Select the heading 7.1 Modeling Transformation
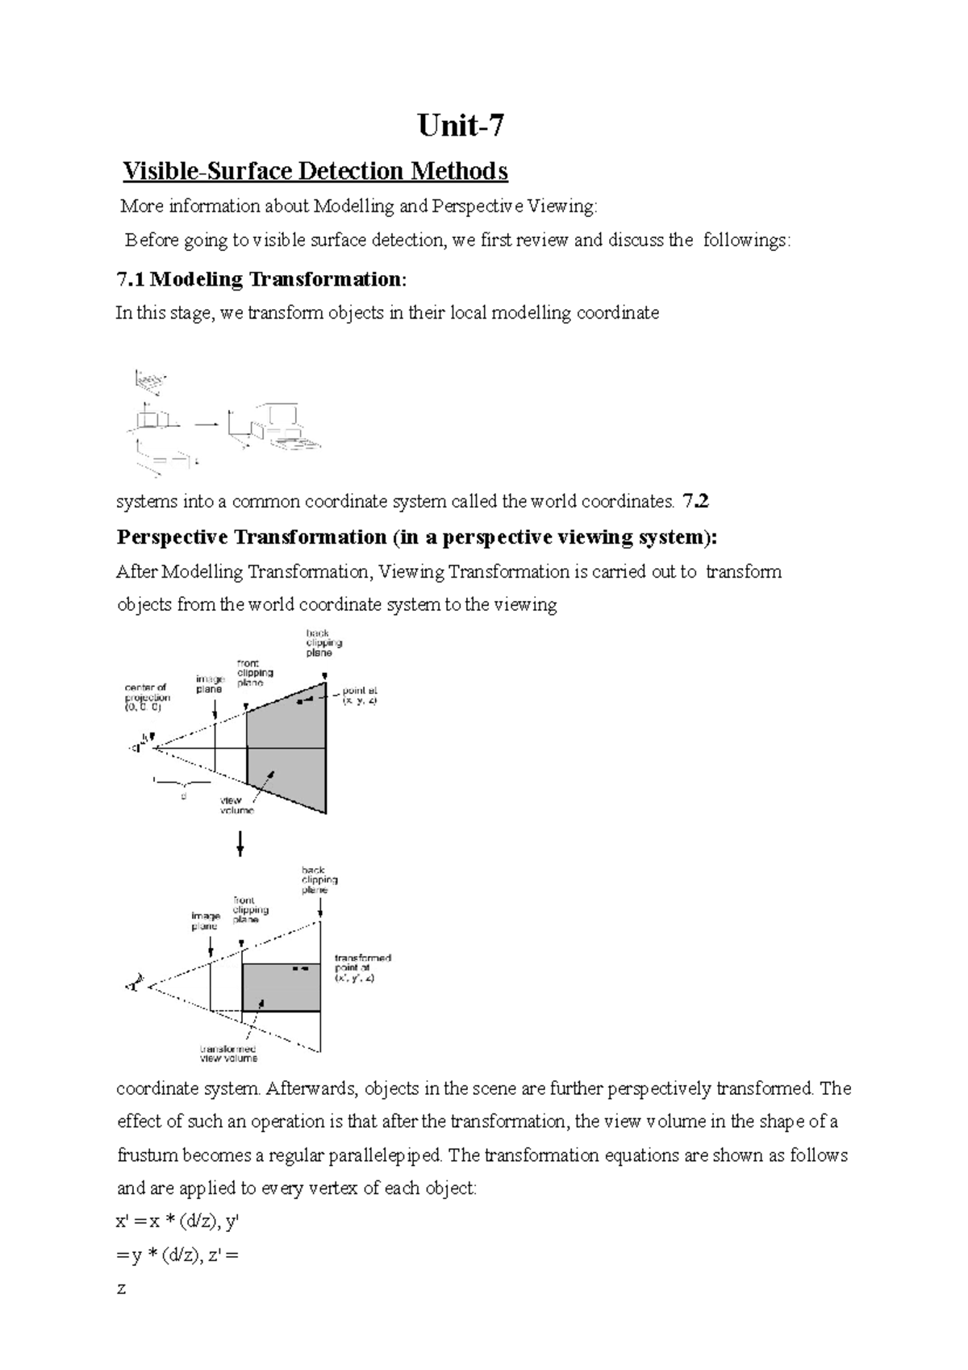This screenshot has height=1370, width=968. click(x=262, y=280)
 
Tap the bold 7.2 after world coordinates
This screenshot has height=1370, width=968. click(x=695, y=501)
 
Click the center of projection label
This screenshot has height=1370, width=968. click(x=147, y=697)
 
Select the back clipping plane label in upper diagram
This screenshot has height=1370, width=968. click(x=323, y=643)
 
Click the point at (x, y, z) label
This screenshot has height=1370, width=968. click(x=359, y=696)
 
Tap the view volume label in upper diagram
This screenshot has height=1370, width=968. click(x=236, y=805)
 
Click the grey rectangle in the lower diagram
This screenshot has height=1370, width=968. click(x=281, y=987)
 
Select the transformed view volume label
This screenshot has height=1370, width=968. click(x=228, y=1053)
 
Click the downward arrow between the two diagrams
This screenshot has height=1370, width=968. click(x=240, y=844)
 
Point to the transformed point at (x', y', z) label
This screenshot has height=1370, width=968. click(x=362, y=967)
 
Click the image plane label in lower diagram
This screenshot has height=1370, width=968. click(x=206, y=921)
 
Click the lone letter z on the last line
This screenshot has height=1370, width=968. click(x=121, y=1289)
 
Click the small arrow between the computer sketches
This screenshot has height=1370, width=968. click(x=207, y=423)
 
